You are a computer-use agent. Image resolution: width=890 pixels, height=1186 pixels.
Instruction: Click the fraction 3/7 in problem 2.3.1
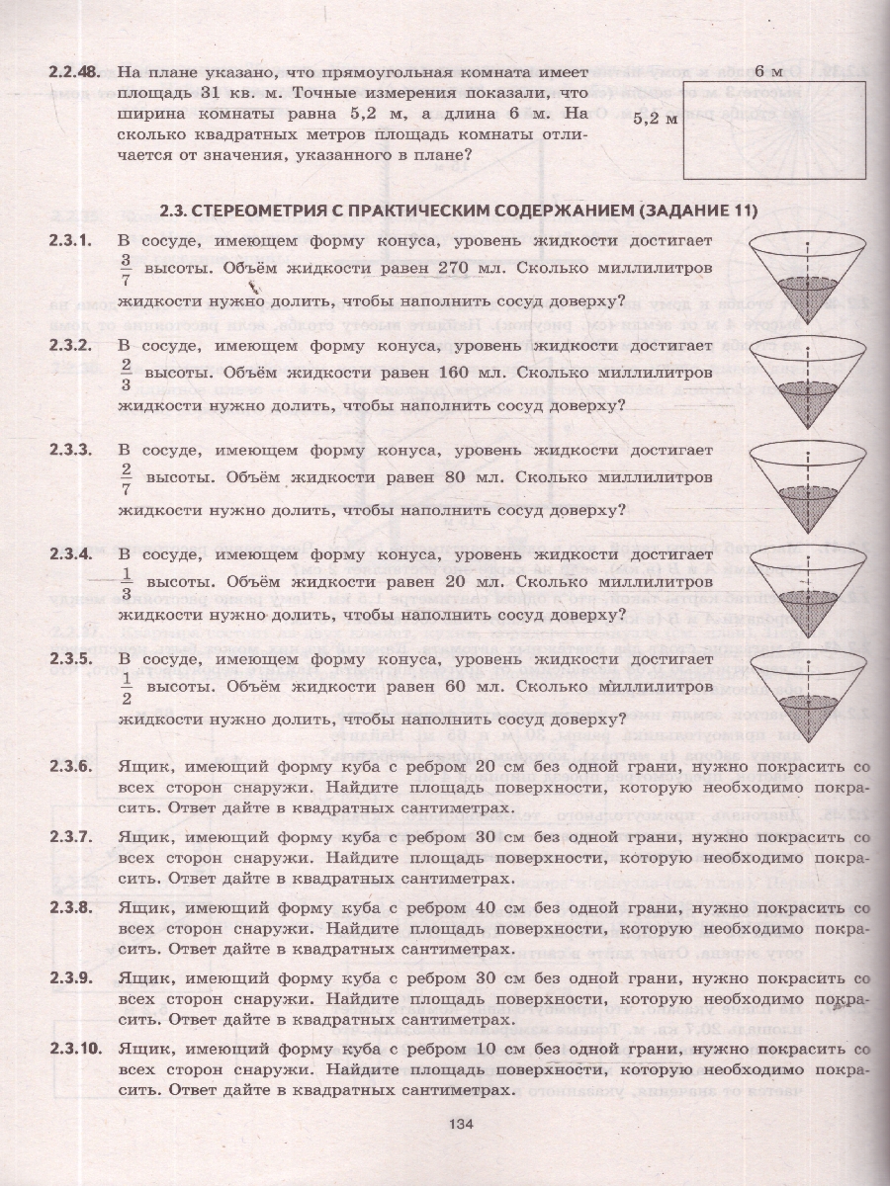(126, 269)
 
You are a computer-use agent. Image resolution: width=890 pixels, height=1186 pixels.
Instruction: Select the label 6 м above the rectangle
(767, 71)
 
